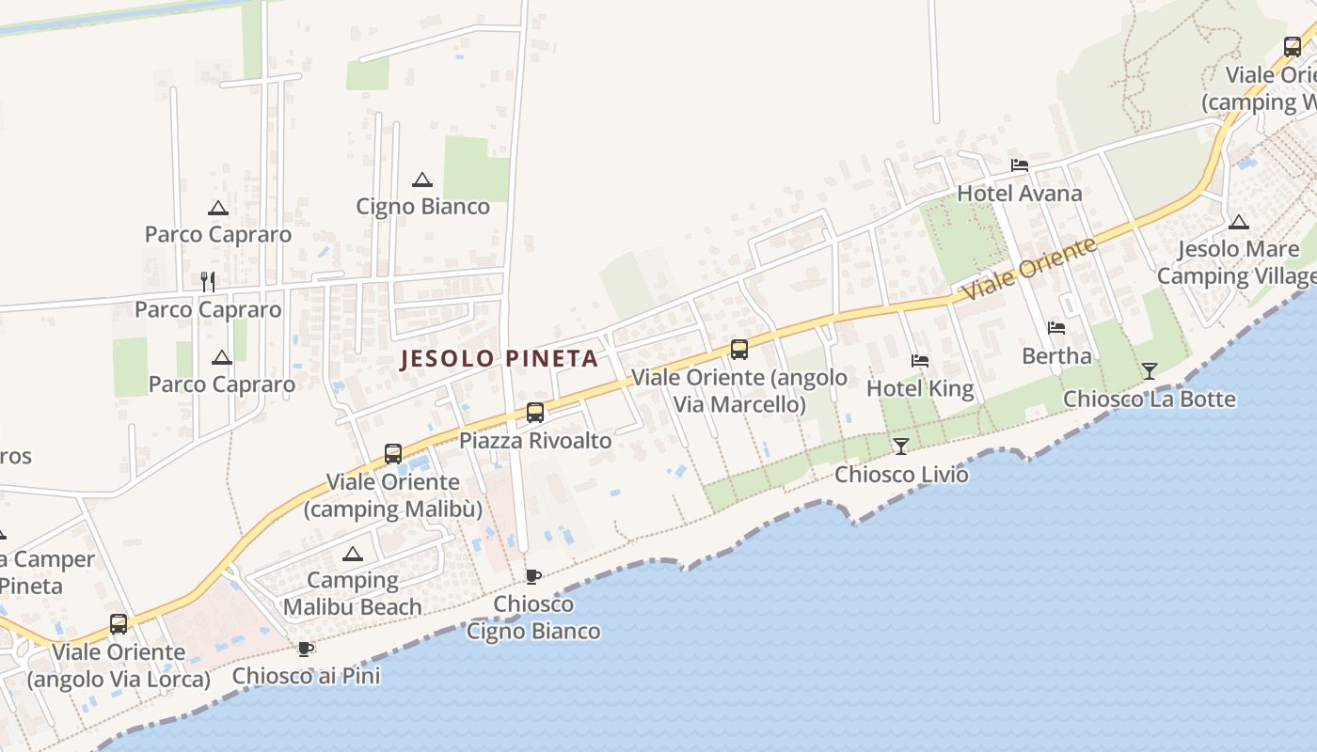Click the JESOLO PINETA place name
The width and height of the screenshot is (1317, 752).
coord(500,358)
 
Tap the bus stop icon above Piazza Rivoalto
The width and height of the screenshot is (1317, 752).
coord(534,412)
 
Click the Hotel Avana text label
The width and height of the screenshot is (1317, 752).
coord(1019,194)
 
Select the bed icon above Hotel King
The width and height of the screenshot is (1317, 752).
coord(919,361)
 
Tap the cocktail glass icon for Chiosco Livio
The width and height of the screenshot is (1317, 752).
coord(901,446)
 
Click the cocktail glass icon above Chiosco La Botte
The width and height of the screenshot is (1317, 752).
coord(1149,370)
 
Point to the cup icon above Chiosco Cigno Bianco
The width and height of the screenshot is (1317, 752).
coord(532,576)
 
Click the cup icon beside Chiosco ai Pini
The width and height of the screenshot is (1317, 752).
coord(305,649)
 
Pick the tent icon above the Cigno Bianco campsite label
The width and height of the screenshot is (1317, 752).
coord(422,180)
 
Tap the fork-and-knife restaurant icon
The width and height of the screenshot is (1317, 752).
coord(208,281)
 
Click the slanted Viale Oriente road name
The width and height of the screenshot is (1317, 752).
coord(1029,269)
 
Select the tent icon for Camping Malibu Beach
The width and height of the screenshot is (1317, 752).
coord(352,554)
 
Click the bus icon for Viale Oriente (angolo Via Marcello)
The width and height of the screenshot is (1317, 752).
coord(739,350)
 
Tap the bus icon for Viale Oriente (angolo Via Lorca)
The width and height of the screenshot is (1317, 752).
coord(119,623)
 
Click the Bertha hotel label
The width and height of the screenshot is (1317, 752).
coord(1056,356)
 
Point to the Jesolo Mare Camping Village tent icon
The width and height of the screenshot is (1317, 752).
coord(1238,223)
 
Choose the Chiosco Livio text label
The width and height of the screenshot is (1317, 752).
coord(901,474)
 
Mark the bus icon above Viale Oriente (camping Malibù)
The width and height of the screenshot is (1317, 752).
coord(393,454)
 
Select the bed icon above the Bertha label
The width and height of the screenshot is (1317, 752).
coord(1056,328)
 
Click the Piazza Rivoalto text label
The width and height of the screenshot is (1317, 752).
coord(534,440)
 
